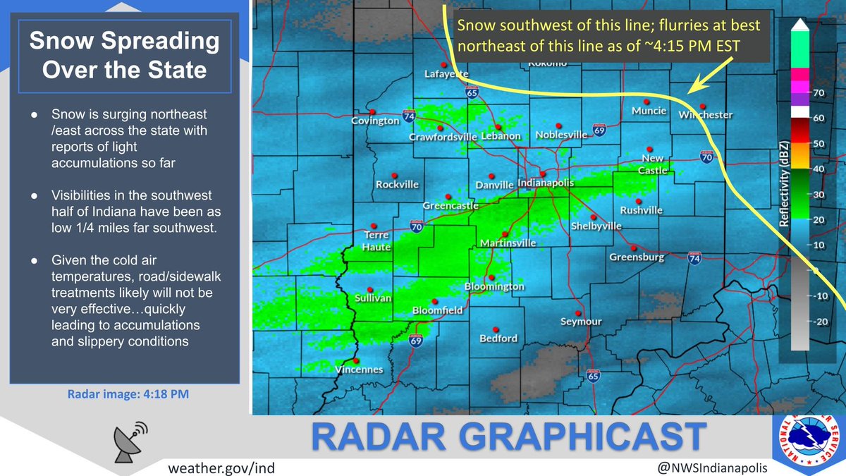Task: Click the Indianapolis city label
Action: coord(546,182)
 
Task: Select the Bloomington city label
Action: coord(494,287)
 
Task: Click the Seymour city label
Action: coord(580,322)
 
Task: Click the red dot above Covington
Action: coord(373,110)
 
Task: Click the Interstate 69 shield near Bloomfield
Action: coord(416,341)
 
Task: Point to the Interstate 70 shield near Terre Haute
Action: coord(416,226)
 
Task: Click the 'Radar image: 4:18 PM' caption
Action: coord(128,393)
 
